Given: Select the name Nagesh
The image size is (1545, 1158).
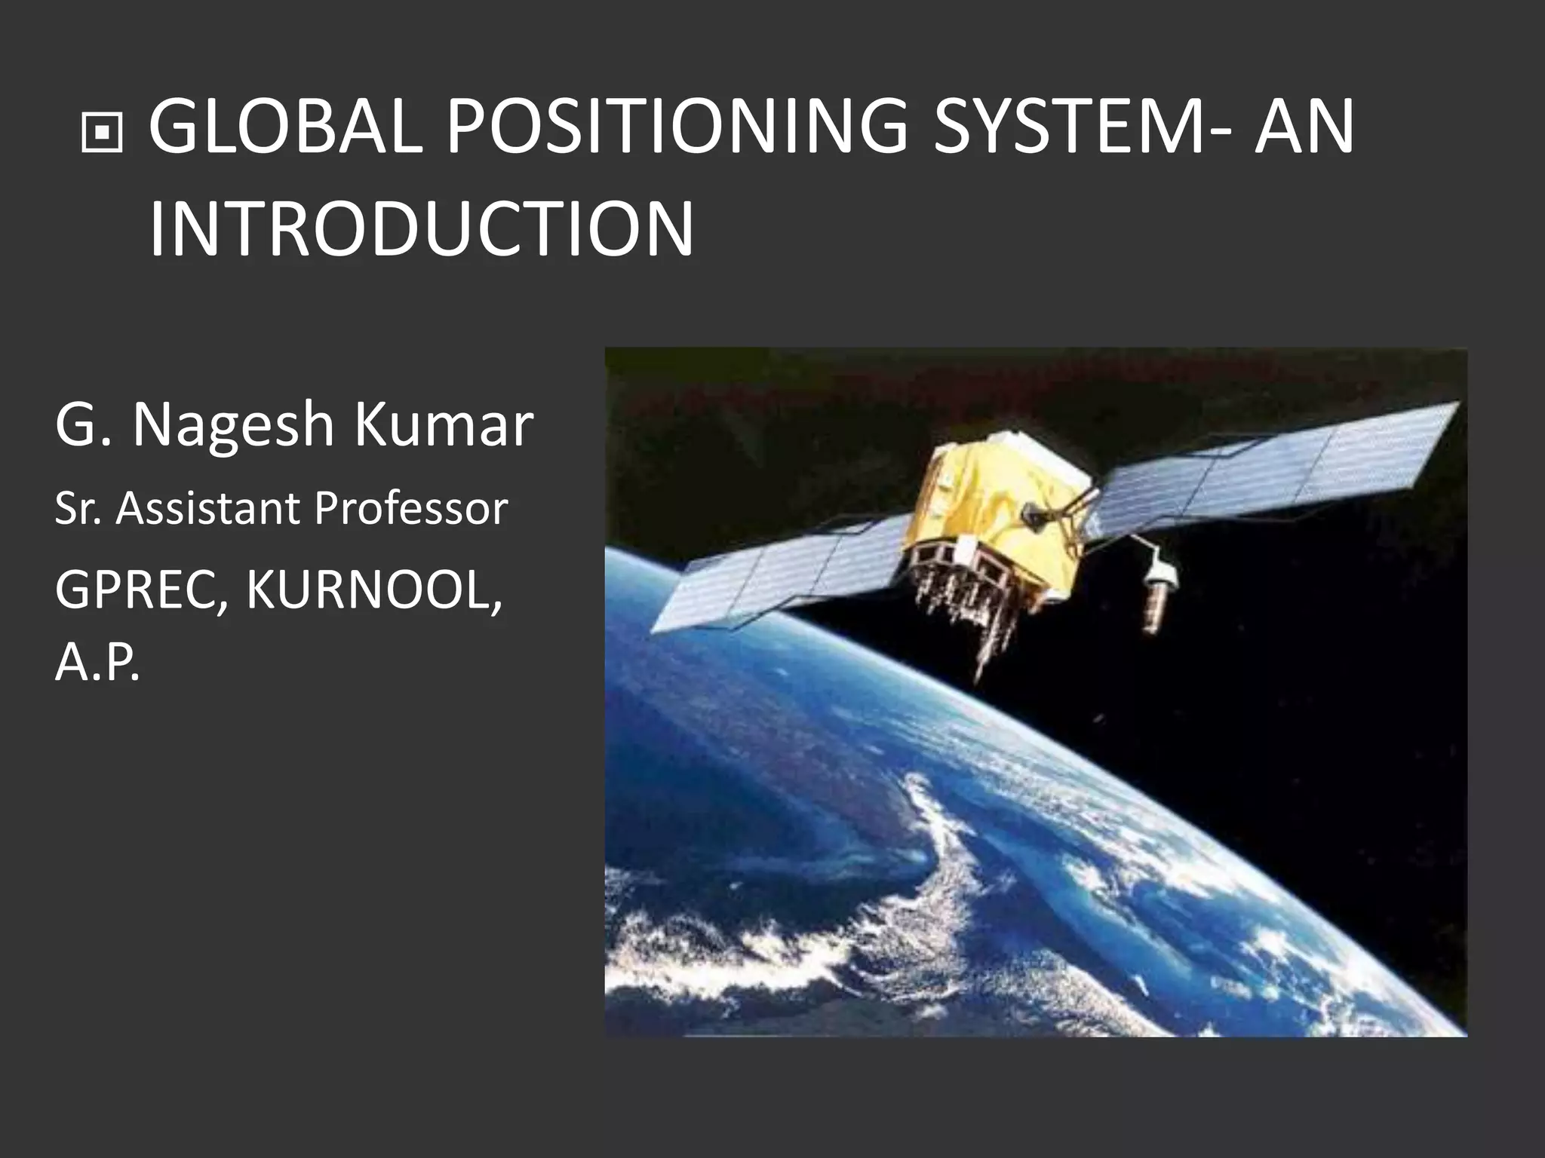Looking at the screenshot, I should point(233,427).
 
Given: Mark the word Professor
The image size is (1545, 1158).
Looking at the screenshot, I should point(411,510).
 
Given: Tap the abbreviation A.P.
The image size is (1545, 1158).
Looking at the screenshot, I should point(97,665).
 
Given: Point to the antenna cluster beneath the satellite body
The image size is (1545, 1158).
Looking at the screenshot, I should point(973,596).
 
